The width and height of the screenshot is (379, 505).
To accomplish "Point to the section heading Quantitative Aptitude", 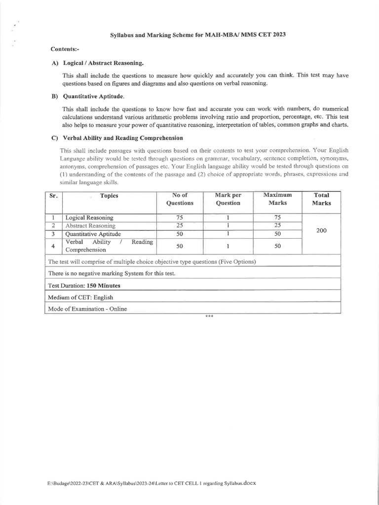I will (x=94, y=96).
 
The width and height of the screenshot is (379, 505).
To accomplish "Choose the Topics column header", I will (x=109, y=195).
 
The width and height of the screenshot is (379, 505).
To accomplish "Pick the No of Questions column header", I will (x=180, y=199).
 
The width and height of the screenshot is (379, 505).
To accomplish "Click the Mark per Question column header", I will (x=228, y=199).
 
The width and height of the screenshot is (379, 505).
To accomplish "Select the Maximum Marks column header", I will (x=277, y=199).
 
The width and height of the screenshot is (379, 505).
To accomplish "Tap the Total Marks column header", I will (x=321, y=199).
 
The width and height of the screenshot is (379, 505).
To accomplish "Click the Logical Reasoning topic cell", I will (x=89, y=217).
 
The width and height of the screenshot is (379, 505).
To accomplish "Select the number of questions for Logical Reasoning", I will (x=180, y=217).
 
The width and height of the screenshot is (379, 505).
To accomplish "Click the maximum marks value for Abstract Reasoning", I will (x=277, y=225).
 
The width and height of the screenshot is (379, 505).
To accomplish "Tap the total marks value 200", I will (x=321, y=230).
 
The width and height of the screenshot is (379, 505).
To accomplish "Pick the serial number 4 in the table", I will (x=53, y=246).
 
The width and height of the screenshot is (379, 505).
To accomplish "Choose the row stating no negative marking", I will (x=112, y=273).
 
